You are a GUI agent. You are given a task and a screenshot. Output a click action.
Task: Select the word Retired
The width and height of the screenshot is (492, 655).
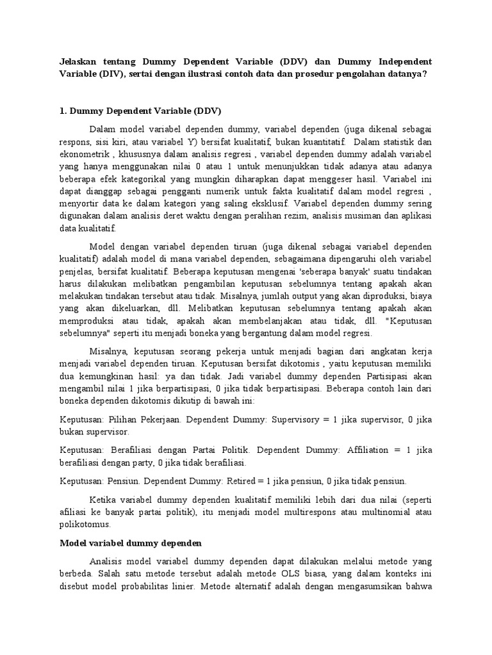(240, 481)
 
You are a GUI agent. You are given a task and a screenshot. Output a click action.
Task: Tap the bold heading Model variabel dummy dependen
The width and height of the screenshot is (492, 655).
(131, 543)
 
